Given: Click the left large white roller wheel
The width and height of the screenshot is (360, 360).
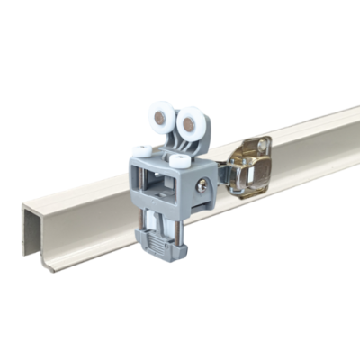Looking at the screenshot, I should click(x=163, y=119).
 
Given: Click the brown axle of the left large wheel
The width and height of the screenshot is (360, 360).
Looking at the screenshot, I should click(x=164, y=118).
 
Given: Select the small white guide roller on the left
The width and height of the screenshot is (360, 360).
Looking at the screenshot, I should click(x=142, y=151).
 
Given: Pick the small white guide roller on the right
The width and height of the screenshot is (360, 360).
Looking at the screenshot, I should click(x=178, y=162).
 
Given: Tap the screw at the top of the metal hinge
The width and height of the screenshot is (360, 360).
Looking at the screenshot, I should click(x=262, y=145).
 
